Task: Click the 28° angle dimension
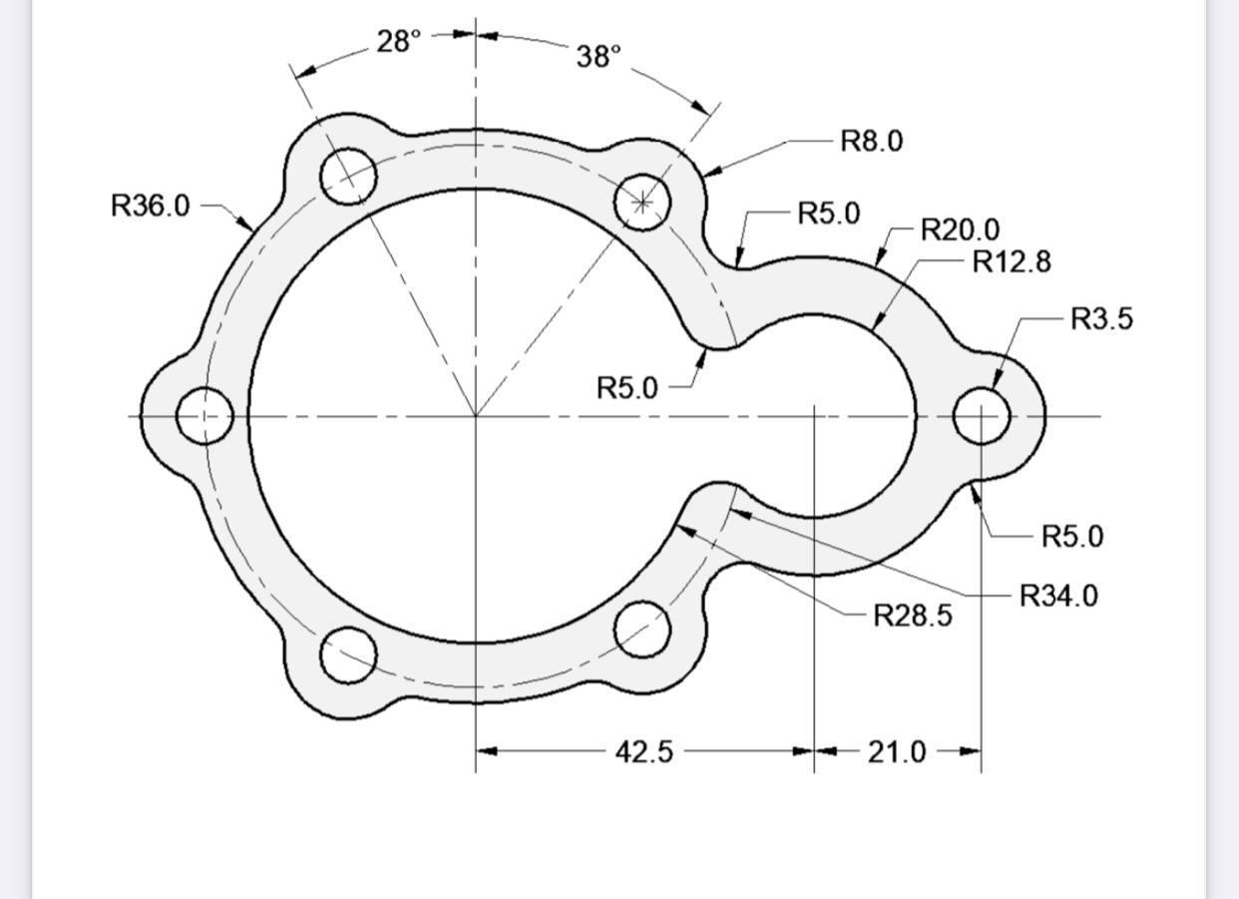[399, 42]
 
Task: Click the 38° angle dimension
[599, 57]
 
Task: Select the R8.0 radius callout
[871, 141]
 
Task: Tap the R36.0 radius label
[150, 206]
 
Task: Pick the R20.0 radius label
[959, 230]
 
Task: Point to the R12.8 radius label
[1011, 261]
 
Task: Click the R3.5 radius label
[1101, 319]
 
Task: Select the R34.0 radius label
[1057, 597]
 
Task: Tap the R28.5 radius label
[912, 616]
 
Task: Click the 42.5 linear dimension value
[643, 752]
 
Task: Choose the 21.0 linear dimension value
[896, 752]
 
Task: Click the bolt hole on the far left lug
[205, 415]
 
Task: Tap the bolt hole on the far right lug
[982, 415]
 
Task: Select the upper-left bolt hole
[348, 177]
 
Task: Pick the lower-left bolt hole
[348, 656]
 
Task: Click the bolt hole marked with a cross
[641, 203]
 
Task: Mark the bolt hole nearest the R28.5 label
[641, 630]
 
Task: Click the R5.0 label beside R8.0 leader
[828, 214]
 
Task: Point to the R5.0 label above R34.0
[1071, 537]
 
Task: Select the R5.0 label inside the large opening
[626, 387]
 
